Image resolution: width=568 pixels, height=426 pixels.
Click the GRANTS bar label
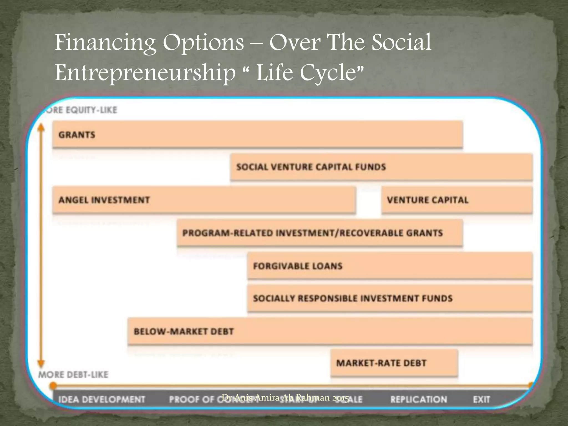coord(77,135)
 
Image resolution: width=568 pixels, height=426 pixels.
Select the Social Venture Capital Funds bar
coord(381,167)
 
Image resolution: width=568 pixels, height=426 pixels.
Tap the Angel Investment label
coord(104,200)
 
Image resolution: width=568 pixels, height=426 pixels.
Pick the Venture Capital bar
coord(457,200)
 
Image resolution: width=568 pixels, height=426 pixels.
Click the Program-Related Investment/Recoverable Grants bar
coord(319,233)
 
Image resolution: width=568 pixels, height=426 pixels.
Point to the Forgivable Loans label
coord(298,266)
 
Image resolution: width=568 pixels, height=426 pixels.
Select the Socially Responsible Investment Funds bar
coord(390,298)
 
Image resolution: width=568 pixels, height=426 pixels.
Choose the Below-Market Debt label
coord(184,331)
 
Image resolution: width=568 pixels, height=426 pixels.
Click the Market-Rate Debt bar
coord(394,363)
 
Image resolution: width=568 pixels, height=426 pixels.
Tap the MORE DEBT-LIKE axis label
coord(73,375)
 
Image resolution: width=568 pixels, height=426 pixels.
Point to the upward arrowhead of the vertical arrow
coord(41,127)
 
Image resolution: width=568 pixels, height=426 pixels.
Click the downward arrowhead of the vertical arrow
coord(41,364)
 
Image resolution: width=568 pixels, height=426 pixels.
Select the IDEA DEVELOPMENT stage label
coord(102,399)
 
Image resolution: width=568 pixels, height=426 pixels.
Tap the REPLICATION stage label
coord(419,399)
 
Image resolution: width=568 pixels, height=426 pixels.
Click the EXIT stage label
coord(481,399)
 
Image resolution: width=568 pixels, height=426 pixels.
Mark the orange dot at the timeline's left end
coord(53,386)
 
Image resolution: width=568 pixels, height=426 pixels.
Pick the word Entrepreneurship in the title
coord(145,73)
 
